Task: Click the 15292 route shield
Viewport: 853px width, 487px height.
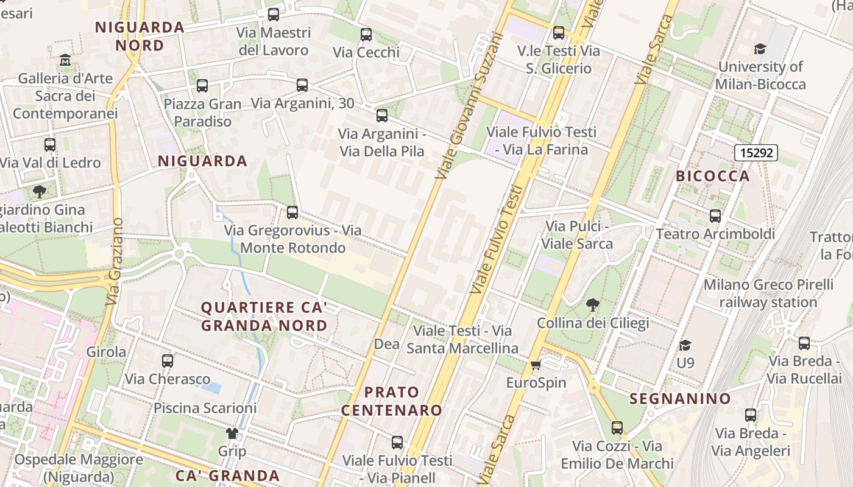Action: pyautogui.click(x=756, y=152)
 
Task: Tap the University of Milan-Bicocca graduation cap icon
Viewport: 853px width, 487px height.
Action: pyautogui.click(x=760, y=49)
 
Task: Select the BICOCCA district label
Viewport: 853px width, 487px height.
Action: pyautogui.click(x=712, y=176)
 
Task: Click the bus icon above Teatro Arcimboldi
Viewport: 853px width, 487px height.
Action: pyautogui.click(x=715, y=215)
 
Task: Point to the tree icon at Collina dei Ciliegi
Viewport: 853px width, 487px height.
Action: pyautogui.click(x=592, y=304)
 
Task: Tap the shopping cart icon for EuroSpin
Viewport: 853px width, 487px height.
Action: pyautogui.click(x=536, y=365)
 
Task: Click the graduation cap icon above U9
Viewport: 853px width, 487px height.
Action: pyautogui.click(x=685, y=345)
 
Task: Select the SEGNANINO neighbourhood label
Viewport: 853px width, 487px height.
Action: pyautogui.click(x=679, y=399)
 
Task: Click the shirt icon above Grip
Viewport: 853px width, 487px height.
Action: pyautogui.click(x=232, y=433)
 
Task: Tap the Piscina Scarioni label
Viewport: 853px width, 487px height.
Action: pyautogui.click(x=205, y=408)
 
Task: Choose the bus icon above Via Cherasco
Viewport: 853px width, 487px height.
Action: pyautogui.click(x=168, y=360)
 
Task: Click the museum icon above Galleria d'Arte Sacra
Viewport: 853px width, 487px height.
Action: pyautogui.click(x=65, y=60)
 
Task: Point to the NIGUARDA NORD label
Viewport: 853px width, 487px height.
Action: pyautogui.click(x=140, y=36)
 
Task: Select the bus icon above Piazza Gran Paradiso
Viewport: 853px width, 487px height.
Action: pyautogui.click(x=202, y=86)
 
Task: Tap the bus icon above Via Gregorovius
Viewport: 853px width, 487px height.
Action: pyautogui.click(x=292, y=212)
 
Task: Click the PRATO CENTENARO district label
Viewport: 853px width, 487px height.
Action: pyautogui.click(x=392, y=401)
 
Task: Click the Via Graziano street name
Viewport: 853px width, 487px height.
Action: pyautogui.click(x=115, y=262)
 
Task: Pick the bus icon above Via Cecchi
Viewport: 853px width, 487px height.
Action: pyautogui.click(x=366, y=34)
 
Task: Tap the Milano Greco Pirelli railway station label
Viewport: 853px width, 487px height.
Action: pyautogui.click(x=768, y=293)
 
